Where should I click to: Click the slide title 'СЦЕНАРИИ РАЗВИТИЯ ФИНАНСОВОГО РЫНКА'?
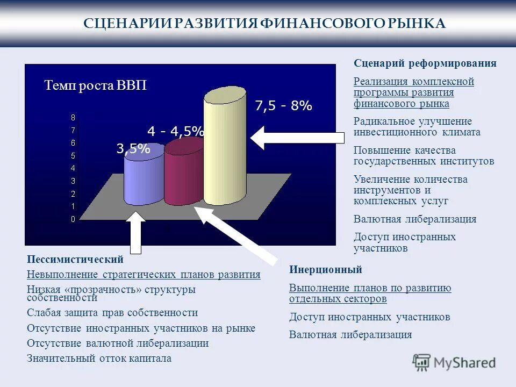click(265, 24)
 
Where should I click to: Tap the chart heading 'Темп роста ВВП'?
click(95, 86)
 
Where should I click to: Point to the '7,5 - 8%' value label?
click(283, 106)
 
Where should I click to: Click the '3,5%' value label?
click(133, 149)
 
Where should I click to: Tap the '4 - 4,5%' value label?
click(175, 131)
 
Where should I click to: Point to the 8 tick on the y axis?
click(73, 117)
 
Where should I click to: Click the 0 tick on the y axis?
click(73, 219)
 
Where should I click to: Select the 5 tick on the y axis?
click(73, 156)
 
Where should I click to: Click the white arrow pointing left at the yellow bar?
click(297, 138)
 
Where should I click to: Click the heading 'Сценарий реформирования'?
click(425, 63)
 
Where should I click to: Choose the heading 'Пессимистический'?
click(75, 260)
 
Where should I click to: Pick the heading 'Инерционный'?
click(326, 270)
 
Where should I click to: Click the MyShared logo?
click(455, 362)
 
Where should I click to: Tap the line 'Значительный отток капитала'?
click(99, 359)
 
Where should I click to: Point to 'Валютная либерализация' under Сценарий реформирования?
click(415, 219)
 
